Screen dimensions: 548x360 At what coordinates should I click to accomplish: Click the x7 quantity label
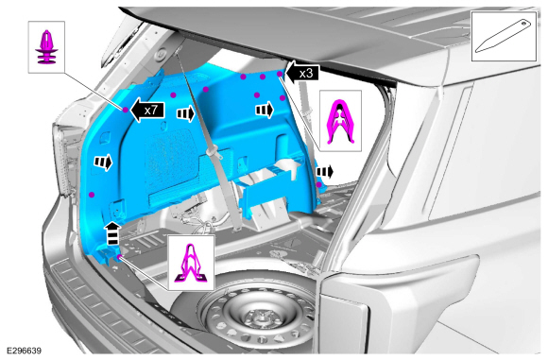coord(150,111)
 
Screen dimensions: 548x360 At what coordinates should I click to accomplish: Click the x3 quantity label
coord(306,74)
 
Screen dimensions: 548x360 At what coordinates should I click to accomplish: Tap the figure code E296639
coord(25,351)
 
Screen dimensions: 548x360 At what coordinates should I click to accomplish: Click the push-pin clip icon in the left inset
coord(46,48)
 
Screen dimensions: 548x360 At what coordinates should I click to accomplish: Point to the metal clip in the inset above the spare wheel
coord(191,263)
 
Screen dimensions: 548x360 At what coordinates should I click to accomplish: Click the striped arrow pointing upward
coord(112,232)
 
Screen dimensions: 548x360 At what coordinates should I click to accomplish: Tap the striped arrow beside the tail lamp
coord(103,162)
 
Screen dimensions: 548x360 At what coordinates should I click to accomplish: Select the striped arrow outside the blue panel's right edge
coord(325,172)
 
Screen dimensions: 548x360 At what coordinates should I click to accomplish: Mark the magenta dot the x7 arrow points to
coord(126,110)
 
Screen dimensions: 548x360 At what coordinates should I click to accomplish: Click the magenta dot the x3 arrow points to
coord(280,74)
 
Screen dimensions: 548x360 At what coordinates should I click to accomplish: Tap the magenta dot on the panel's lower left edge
coord(92,195)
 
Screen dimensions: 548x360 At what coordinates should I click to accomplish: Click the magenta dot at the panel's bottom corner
coord(119,258)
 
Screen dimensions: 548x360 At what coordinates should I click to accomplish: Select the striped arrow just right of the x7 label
coord(185,113)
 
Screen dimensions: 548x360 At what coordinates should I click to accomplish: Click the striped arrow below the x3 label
coord(265,111)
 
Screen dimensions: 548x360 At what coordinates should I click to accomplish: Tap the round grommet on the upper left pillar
coord(163,55)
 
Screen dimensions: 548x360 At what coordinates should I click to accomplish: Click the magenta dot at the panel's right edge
coord(318,185)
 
